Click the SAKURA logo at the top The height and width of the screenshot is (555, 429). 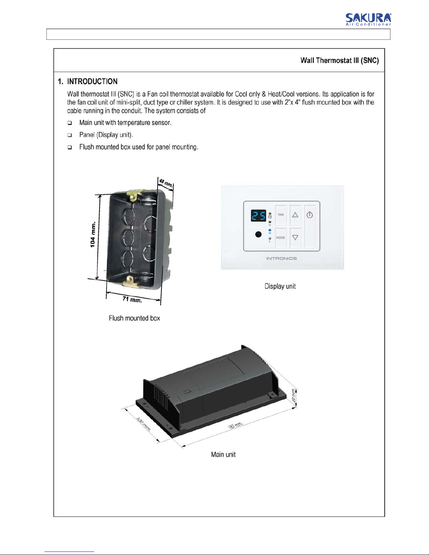coord(368,19)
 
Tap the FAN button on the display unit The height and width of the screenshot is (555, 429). coord(281,215)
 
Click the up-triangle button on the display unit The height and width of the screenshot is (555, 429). coord(295,215)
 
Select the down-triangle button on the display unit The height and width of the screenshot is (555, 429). coord(295,237)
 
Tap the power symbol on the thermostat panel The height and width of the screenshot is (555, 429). coord(310,215)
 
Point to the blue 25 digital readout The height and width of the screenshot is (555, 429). coord(258,216)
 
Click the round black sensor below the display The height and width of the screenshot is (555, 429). coord(258,234)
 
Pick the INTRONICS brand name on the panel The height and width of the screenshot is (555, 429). coord(281,258)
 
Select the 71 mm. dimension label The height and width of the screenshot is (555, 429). coord(132,299)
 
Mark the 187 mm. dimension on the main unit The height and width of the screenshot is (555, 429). coord(235,425)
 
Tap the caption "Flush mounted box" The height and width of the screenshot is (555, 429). coord(134,318)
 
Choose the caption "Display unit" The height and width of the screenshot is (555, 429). coord(280,286)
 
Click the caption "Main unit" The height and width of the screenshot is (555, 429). coord(223,455)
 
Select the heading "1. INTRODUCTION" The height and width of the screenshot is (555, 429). coord(88,82)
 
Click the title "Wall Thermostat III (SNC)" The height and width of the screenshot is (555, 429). coord(339,61)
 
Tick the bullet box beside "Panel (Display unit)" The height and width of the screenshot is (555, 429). coord(70,135)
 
